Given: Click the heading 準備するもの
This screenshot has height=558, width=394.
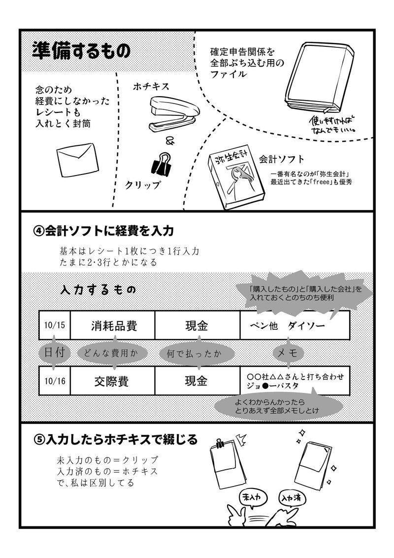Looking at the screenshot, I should click(81, 51).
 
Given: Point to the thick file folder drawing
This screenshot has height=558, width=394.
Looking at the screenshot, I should click(318, 81).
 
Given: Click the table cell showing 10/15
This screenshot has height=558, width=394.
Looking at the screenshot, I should click(54, 325).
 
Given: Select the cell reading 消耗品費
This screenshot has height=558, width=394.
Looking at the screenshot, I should click(113, 326).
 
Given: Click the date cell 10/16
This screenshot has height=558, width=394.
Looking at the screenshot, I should click(54, 381).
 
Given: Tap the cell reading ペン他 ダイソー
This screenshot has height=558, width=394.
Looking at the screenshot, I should click(295, 326).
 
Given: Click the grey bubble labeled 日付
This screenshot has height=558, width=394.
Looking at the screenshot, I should click(54, 353).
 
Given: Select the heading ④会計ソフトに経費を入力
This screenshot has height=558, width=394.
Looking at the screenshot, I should click(104, 231).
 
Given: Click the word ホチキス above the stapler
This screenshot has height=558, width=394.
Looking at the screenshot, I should click(151, 86).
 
